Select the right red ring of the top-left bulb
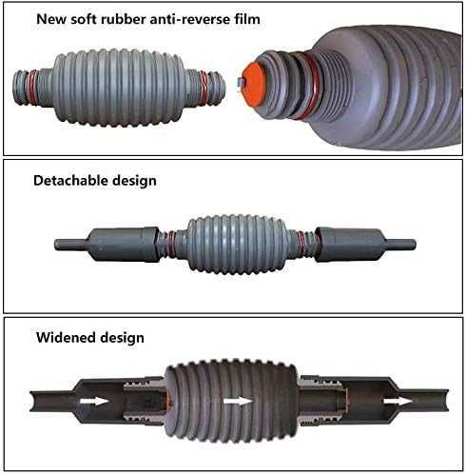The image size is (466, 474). [204, 89]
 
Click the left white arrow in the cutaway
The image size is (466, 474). [94, 401]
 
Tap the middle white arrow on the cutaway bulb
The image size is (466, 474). [238, 401]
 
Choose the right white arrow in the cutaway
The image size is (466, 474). [398, 401]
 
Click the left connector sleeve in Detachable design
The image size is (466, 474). [123, 244]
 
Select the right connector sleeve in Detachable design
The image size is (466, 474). [350, 244]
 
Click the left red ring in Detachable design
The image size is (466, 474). [171, 244]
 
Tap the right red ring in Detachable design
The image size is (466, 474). [301, 244]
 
